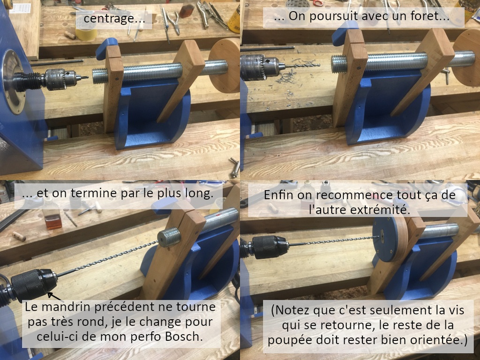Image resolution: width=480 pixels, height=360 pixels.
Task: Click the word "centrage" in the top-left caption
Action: [x=108, y=19]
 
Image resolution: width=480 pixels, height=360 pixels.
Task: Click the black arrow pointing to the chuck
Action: [x=55, y=297]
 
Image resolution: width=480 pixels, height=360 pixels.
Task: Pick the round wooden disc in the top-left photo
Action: [x=224, y=66]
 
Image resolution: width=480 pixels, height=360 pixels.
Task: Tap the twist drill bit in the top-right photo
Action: [x=301, y=65]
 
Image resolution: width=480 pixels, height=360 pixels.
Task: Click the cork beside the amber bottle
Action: [x=19, y=236]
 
